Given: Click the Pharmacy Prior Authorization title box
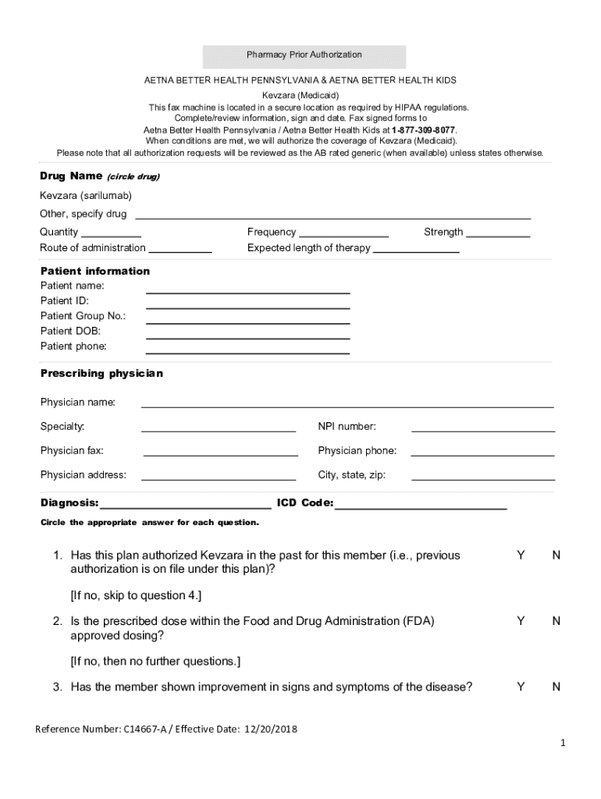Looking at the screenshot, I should pos(304,55).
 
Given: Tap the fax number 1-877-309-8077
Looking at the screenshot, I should pos(424,130).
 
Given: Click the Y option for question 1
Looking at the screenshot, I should pos(521,556).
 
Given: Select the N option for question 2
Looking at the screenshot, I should pos(557,621).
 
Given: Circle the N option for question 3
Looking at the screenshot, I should pos(557,687).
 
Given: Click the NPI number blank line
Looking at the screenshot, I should pos(483,429).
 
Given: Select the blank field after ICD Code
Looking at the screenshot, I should pos(421,507).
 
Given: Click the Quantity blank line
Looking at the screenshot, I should pos(111,234).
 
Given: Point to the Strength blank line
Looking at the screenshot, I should pos(499,234).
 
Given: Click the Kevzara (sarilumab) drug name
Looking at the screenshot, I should pos(82,195).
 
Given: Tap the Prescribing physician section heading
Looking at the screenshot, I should pos(101,374).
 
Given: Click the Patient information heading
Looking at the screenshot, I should pos(95,272).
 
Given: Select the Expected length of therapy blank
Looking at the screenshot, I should pos(416,250).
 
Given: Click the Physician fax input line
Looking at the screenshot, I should pos(220,453).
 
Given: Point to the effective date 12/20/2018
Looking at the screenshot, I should pos(271,730).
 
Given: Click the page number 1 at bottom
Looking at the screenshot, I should pos(562,744).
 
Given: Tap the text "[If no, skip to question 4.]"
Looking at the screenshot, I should pos(136,595).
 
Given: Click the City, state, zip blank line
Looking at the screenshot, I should pos(483,478).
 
